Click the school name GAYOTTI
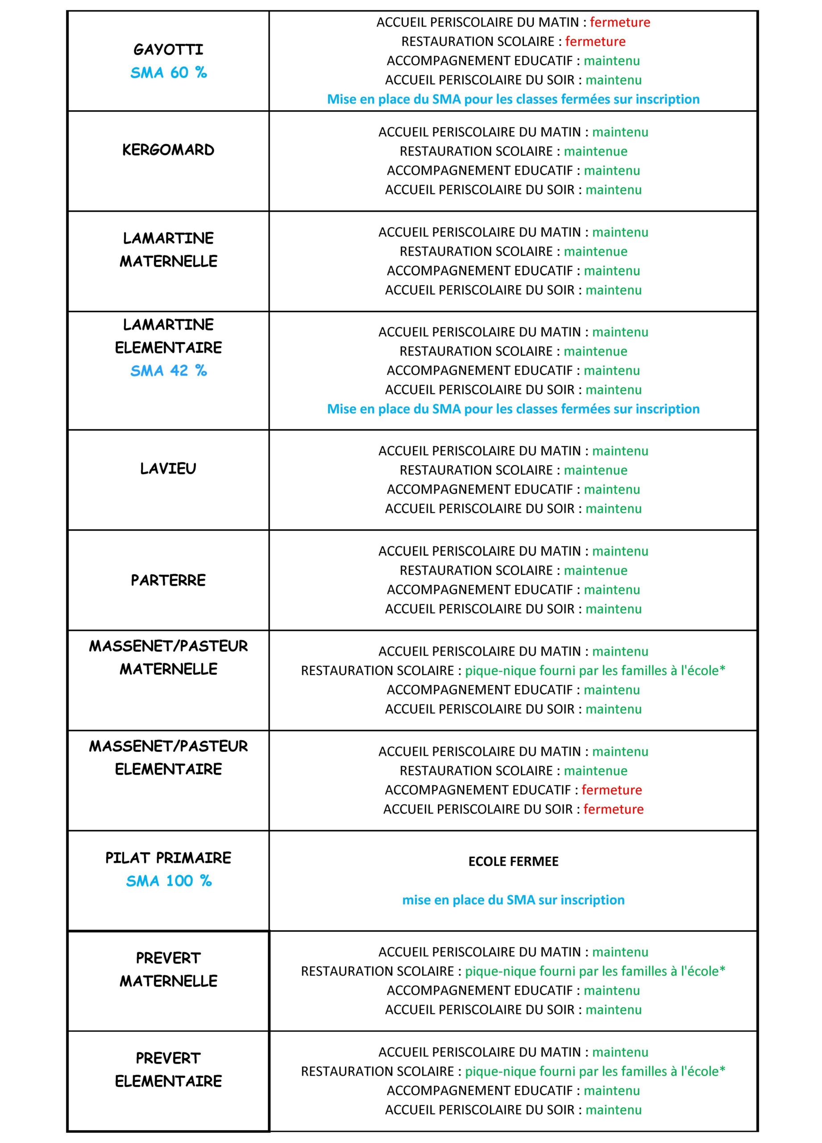[168, 50]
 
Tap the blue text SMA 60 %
[168, 73]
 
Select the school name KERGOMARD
[168, 150]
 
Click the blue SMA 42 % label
[168, 371]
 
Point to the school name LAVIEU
[168, 469]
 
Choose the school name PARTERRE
[168, 580]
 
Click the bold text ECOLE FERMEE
[513, 861]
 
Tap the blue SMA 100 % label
[168, 881]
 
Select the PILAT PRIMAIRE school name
[168, 858]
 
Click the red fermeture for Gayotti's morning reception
[619, 22]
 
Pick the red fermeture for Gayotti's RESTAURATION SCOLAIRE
[595, 42]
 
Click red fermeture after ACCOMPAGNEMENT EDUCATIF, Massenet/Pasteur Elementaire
[611, 790]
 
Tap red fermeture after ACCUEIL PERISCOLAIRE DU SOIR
[613, 809]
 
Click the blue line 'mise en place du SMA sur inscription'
[513, 900]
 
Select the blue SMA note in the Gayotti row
[513, 99]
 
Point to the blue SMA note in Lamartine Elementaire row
[513, 409]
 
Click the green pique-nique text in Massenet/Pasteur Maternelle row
[595, 670]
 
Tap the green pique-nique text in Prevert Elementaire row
[595, 1071]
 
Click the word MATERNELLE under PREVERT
[168, 981]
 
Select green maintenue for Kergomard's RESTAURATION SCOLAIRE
[595, 151]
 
